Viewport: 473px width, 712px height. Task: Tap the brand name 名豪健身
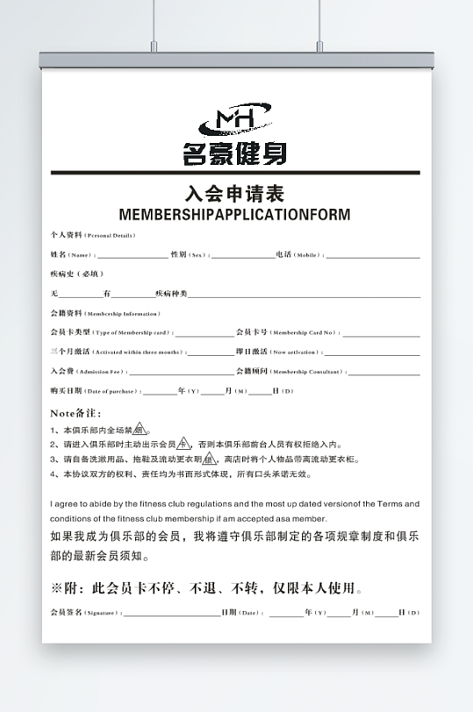click(x=234, y=154)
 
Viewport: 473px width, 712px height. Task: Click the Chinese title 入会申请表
click(x=234, y=194)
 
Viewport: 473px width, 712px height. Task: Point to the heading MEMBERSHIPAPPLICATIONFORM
click(x=234, y=214)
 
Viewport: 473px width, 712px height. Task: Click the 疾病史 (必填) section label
click(x=76, y=274)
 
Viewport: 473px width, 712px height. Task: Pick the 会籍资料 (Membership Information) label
click(x=104, y=313)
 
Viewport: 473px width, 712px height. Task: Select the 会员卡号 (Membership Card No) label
click(x=286, y=332)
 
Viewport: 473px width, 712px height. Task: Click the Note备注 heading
click(x=76, y=412)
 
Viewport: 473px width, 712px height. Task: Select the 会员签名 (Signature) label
click(x=86, y=612)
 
